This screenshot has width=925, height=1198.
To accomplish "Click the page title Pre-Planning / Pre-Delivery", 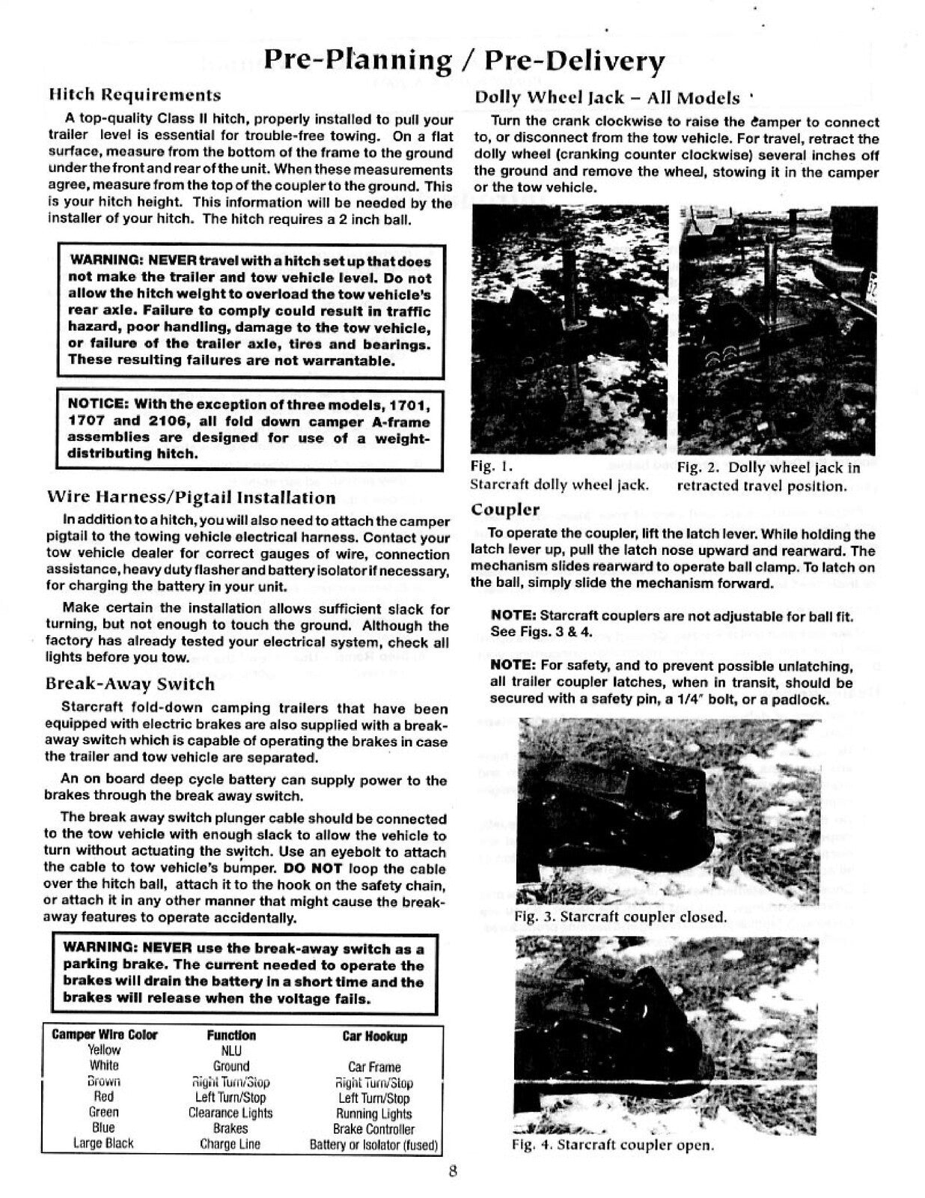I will (464, 61).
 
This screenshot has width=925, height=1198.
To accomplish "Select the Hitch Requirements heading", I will (134, 95).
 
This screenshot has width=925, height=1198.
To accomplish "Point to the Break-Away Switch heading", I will (129, 684).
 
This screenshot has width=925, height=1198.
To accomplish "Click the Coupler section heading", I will (505, 510).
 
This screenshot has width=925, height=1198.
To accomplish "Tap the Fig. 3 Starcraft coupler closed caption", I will (620, 917).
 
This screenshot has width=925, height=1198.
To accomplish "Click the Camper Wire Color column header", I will (105, 1036).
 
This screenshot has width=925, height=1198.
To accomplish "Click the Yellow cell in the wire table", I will (104, 1050).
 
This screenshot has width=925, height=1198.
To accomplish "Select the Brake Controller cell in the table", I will (374, 1129).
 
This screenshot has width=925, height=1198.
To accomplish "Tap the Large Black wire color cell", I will (103, 1144).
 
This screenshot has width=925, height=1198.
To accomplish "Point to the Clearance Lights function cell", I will (231, 1113).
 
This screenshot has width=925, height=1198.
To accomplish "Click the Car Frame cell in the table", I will (374, 1067).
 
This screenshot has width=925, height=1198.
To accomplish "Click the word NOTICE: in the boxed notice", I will (97, 405).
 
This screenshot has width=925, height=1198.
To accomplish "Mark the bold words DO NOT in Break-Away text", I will (313, 869).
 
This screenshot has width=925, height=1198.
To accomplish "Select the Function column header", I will (231, 1036).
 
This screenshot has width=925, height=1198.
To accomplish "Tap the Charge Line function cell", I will (230, 1144).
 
